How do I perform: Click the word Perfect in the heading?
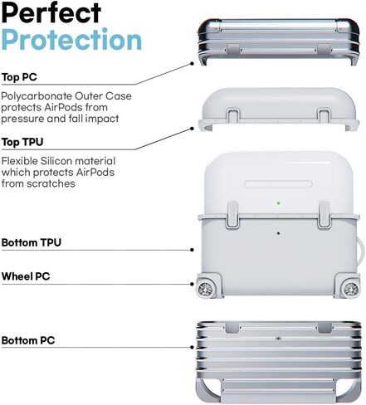point(51,12)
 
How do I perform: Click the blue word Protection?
point(71,40)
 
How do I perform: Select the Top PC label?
point(19,77)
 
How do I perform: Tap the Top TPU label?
point(22,142)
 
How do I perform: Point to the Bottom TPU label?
point(32,242)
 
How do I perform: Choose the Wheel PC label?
point(26,276)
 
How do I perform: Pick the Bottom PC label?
point(28,340)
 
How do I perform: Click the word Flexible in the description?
point(20,161)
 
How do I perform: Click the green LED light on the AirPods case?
point(279,203)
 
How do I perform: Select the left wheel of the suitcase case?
point(205,289)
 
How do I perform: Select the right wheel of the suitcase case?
point(351,289)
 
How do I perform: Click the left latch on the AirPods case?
point(232,215)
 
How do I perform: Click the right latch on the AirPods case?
point(324,215)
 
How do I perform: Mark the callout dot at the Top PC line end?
point(192,64)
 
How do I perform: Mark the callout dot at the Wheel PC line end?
point(192,284)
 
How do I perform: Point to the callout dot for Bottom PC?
point(192,347)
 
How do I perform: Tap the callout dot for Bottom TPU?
point(192,250)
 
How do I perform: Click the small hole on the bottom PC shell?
point(279,339)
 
